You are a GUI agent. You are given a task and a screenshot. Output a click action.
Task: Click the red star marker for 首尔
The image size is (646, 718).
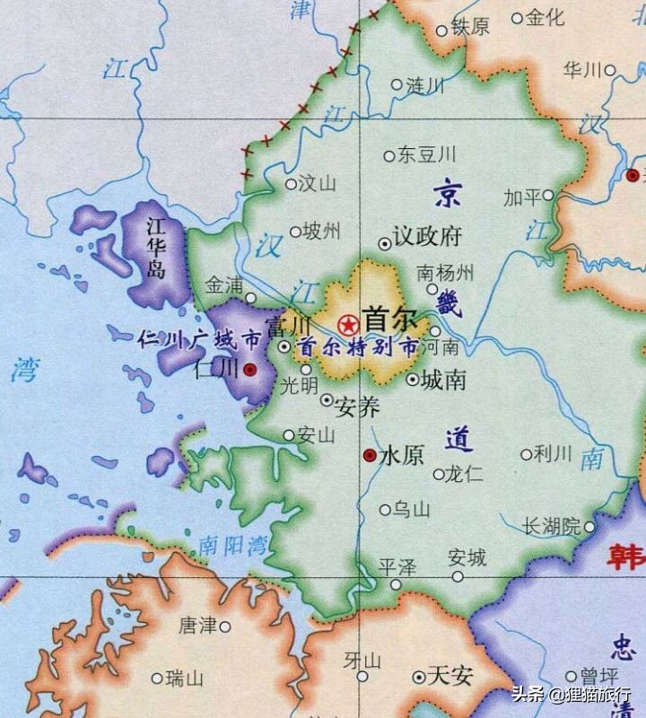click(x=346, y=324)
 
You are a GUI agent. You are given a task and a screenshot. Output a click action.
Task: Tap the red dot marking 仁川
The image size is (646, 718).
click(x=250, y=369)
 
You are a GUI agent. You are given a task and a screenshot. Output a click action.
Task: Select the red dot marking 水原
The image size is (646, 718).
click(x=369, y=456)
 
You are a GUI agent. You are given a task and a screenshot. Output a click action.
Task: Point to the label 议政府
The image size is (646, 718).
click(x=427, y=237)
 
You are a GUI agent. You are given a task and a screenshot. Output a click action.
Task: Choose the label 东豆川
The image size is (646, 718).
click(x=427, y=154)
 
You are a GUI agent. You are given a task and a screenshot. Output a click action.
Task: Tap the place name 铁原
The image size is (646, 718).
click(x=470, y=27)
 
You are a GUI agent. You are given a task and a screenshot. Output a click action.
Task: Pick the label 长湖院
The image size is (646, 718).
click(x=552, y=527)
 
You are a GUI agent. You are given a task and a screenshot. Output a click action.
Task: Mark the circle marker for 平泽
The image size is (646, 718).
click(x=396, y=584)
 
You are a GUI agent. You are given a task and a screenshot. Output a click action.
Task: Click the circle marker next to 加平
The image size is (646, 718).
click(x=548, y=195)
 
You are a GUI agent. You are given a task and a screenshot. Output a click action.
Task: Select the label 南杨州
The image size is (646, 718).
click(x=446, y=272)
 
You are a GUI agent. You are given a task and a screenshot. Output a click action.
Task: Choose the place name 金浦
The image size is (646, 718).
click(x=224, y=285)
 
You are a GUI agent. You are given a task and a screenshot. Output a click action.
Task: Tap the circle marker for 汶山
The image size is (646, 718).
click(x=291, y=184)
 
